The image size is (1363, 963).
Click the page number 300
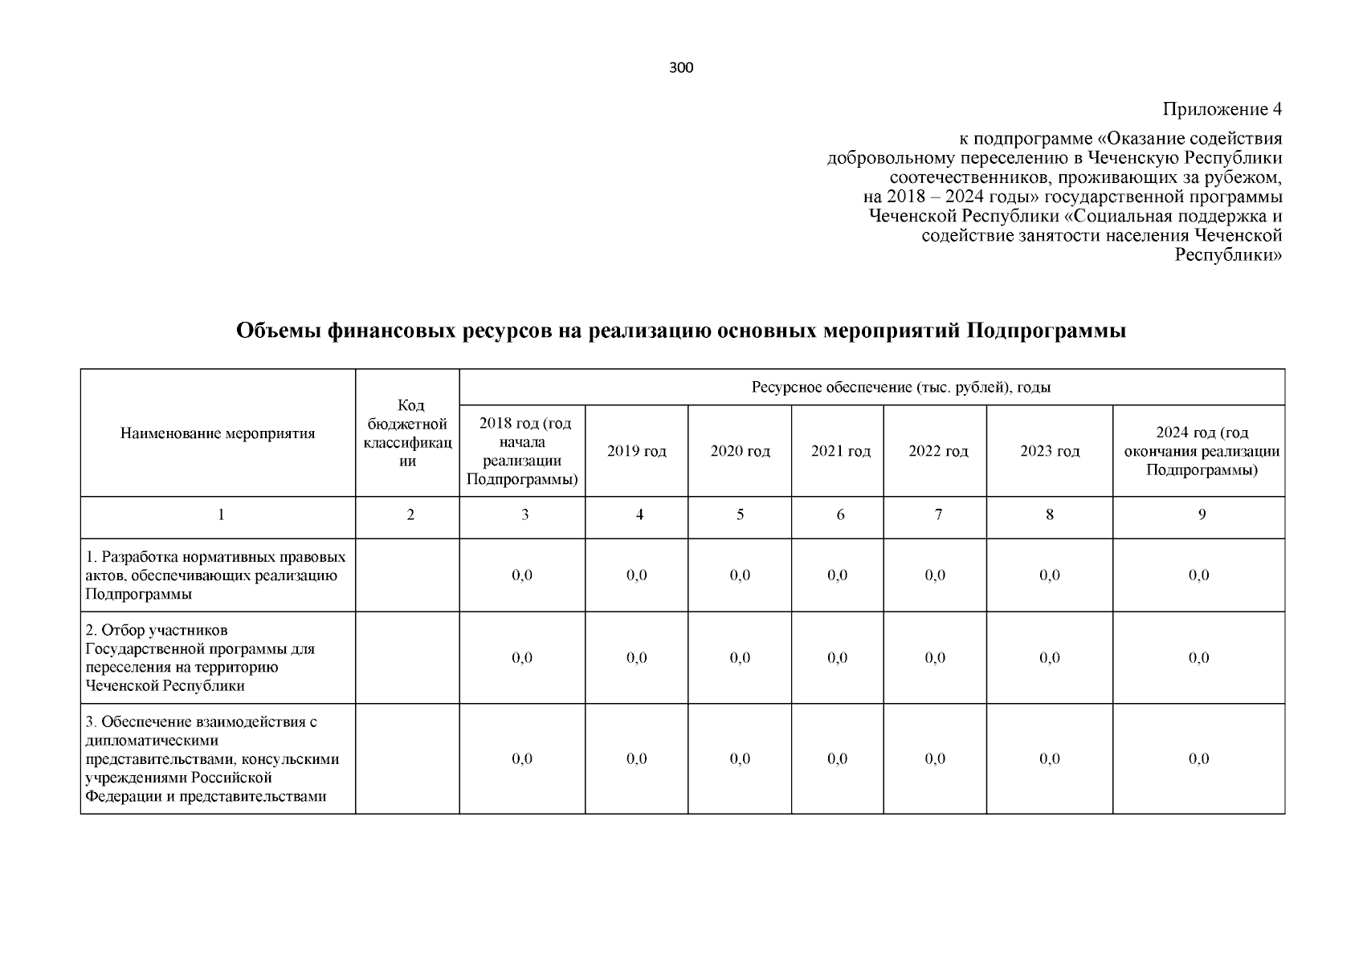(x=680, y=68)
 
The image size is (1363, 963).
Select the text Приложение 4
(x=1222, y=109)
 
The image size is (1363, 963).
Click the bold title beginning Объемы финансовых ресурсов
(x=681, y=331)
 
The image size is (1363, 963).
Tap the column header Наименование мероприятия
(x=218, y=433)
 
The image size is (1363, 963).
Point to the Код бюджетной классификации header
(x=408, y=433)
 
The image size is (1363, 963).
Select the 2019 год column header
(x=636, y=451)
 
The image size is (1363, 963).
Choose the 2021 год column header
(x=840, y=451)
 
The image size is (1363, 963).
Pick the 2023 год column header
(x=1050, y=451)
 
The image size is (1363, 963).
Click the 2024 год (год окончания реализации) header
(x=1202, y=451)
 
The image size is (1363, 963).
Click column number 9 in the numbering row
(x=1202, y=515)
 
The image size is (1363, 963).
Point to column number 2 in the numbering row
(x=410, y=515)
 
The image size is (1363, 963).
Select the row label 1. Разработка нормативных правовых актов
(x=215, y=575)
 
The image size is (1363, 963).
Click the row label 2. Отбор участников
(x=199, y=658)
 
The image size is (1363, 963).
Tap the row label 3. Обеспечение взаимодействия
(x=212, y=758)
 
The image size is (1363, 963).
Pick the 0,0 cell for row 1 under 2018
(x=522, y=575)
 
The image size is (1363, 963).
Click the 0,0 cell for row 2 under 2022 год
(x=935, y=658)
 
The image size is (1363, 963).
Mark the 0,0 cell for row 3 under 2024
(x=1198, y=758)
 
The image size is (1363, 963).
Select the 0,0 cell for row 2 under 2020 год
(x=740, y=658)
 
